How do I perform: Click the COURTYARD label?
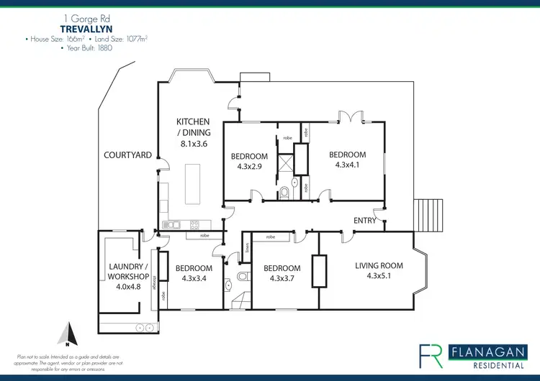point(127,155)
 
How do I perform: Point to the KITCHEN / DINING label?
point(193,127)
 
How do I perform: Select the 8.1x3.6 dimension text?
point(194,144)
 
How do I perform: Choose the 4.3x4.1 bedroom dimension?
point(347,165)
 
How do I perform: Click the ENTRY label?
point(364,221)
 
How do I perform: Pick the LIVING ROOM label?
point(379,265)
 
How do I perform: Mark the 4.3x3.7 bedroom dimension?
point(285,278)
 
